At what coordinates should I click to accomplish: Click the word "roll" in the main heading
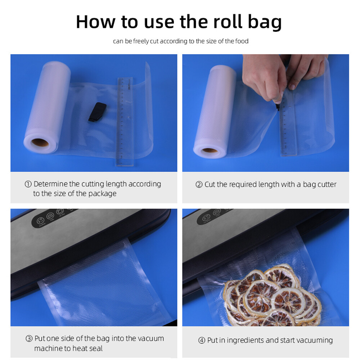point(228,22)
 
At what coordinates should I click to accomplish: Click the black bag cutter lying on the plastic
point(97,112)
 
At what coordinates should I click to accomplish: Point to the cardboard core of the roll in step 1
point(40,143)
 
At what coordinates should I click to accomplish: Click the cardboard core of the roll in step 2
point(209,150)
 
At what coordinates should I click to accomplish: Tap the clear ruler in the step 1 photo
point(125,122)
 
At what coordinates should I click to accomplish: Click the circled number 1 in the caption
point(28,184)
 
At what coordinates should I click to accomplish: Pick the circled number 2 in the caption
point(199,185)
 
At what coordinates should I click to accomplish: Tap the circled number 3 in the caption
point(29,339)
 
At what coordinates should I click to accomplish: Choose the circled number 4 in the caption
point(202,341)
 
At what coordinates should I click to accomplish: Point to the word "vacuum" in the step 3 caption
point(150,339)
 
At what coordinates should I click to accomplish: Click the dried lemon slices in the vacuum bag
point(273,296)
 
